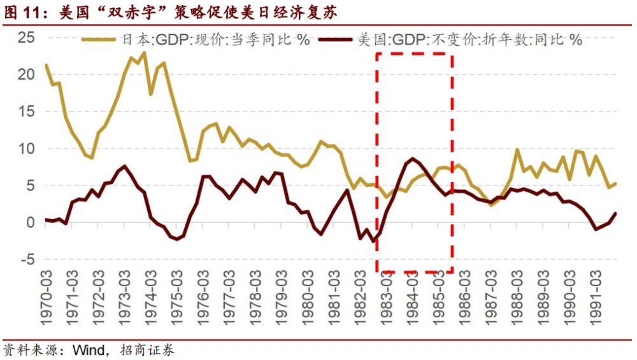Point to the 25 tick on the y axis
(x=25, y=37)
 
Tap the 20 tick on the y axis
(x=25, y=75)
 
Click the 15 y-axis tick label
(x=25, y=112)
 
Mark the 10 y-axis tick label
(x=25, y=148)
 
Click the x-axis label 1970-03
(x=47, y=299)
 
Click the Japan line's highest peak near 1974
(x=145, y=53)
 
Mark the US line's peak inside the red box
(x=413, y=159)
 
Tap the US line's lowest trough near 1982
(x=374, y=241)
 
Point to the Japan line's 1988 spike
(x=517, y=150)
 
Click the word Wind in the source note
(x=87, y=350)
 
